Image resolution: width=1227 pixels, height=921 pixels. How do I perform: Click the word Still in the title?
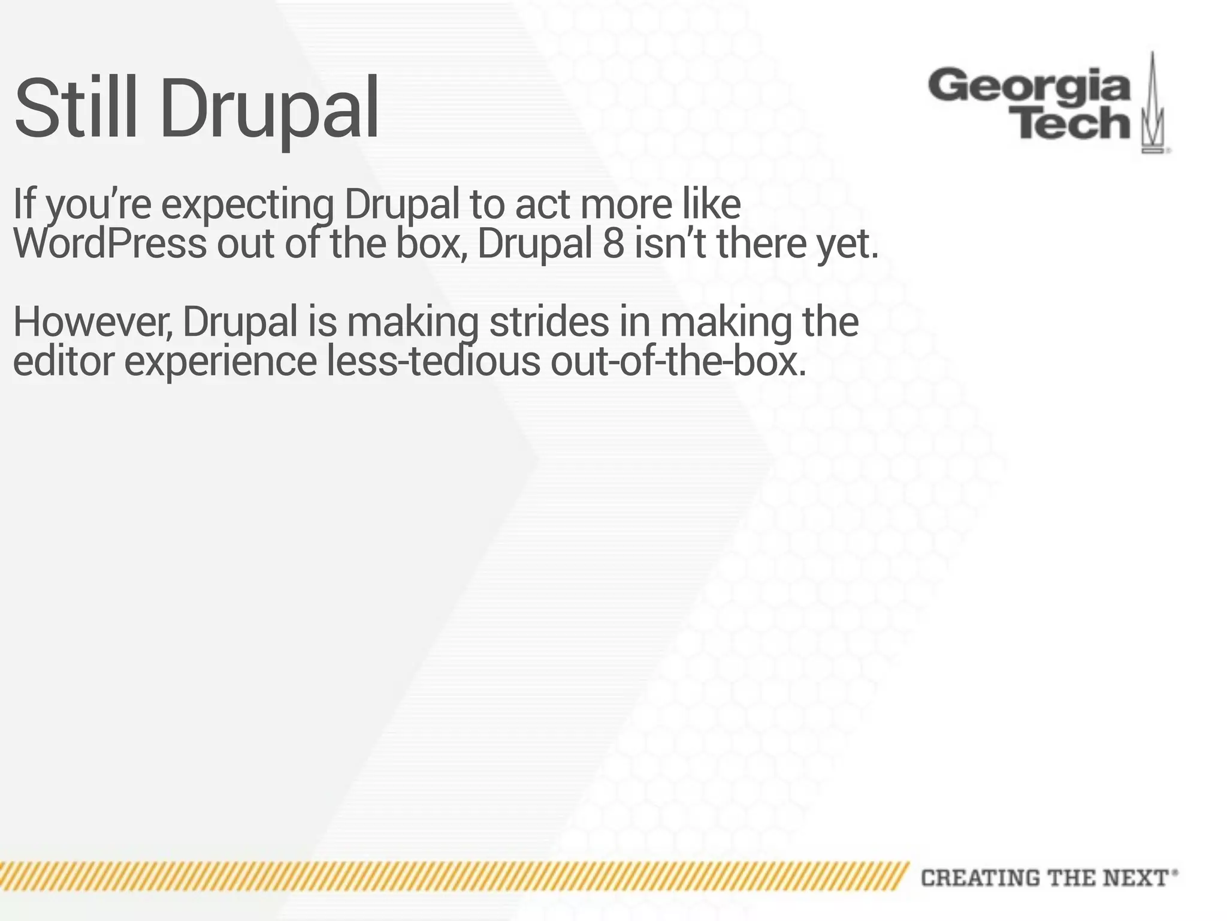pyautogui.click(x=81, y=108)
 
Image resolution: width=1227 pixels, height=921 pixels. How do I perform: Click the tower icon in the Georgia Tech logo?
pyautogui.click(x=1153, y=105)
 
